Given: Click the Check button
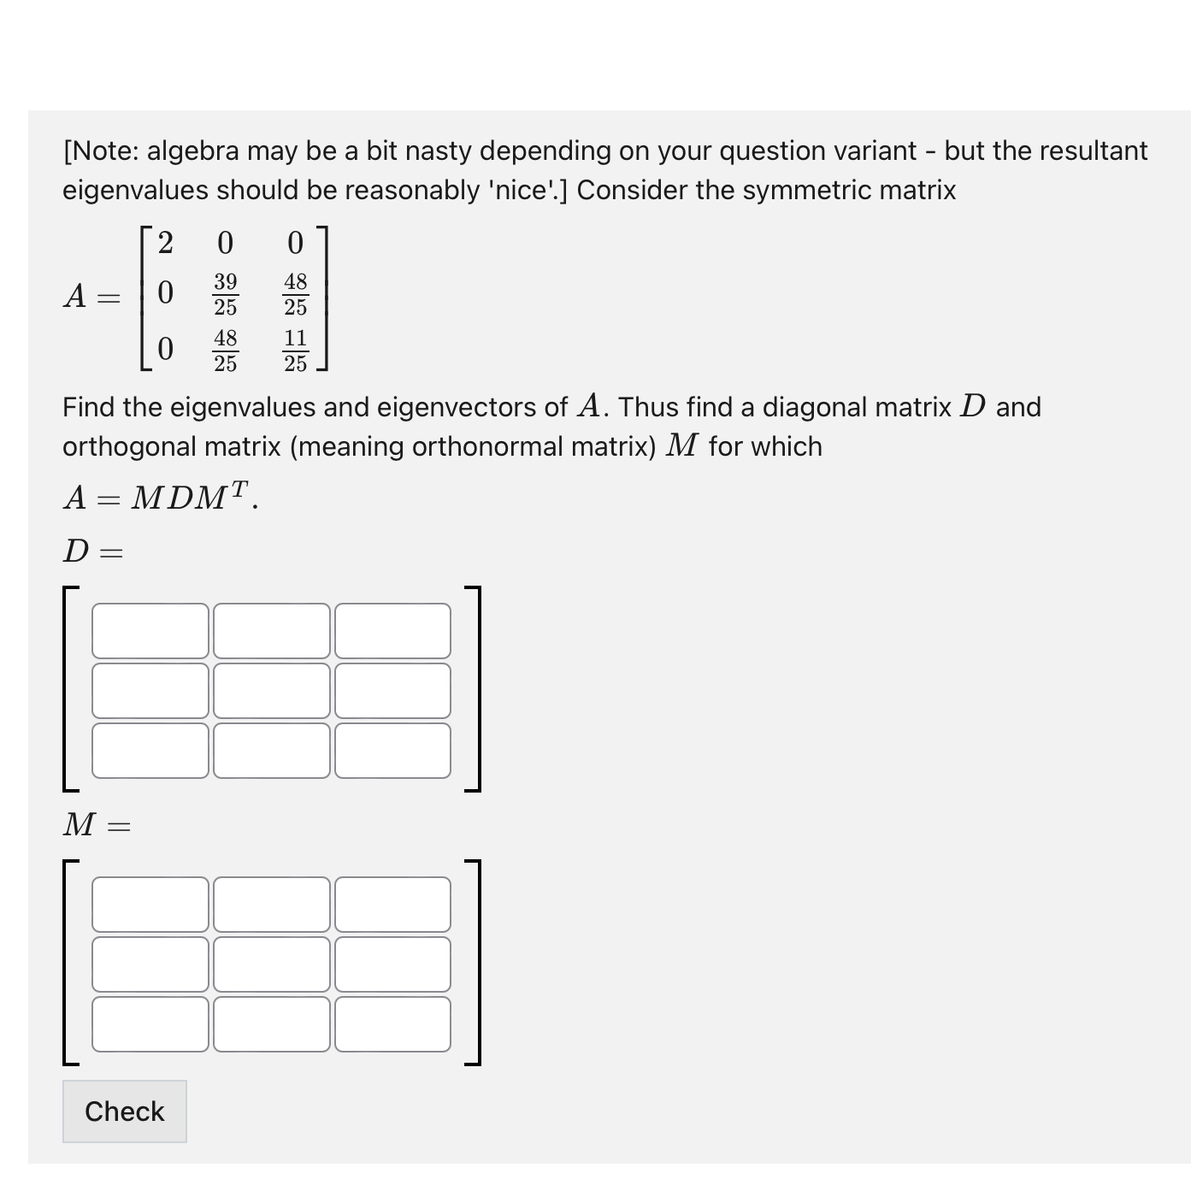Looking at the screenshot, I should pyautogui.click(x=124, y=1111).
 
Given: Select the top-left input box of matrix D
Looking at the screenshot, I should pyautogui.click(x=150, y=631).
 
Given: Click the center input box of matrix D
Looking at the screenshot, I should pyautogui.click(x=271, y=691).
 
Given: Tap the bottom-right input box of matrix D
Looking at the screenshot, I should pyautogui.click(x=392, y=751).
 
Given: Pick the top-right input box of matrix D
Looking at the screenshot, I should pyautogui.click(x=392, y=631).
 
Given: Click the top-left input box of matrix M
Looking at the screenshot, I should pyautogui.click(x=150, y=904).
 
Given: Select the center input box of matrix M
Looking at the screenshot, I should pyautogui.click(x=271, y=964).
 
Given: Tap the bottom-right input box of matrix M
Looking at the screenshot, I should pyautogui.click(x=392, y=1023).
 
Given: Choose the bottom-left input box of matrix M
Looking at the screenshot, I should pyautogui.click(x=150, y=1023).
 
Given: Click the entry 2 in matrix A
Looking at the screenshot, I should pyautogui.click(x=165, y=243).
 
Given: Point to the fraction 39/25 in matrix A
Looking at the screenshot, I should pyautogui.click(x=225, y=294).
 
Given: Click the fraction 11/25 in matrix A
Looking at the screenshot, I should pyautogui.click(x=295, y=351).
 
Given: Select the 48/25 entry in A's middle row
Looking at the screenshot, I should pyautogui.click(x=295, y=294).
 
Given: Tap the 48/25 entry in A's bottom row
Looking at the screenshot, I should pyautogui.click(x=225, y=351).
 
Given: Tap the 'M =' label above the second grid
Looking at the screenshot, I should pyautogui.click(x=96, y=825).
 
